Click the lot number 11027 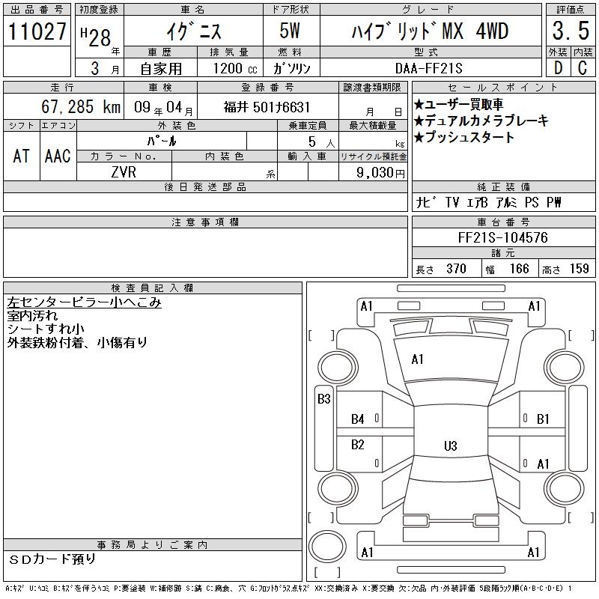(37, 31)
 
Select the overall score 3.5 (571, 31)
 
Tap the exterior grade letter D (558, 68)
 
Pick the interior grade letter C (583, 68)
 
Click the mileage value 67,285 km (81, 106)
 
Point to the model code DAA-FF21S (428, 68)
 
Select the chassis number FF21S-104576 (502, 237)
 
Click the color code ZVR (124, 172)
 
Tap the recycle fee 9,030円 (380, 173)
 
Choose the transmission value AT (21, 156)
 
